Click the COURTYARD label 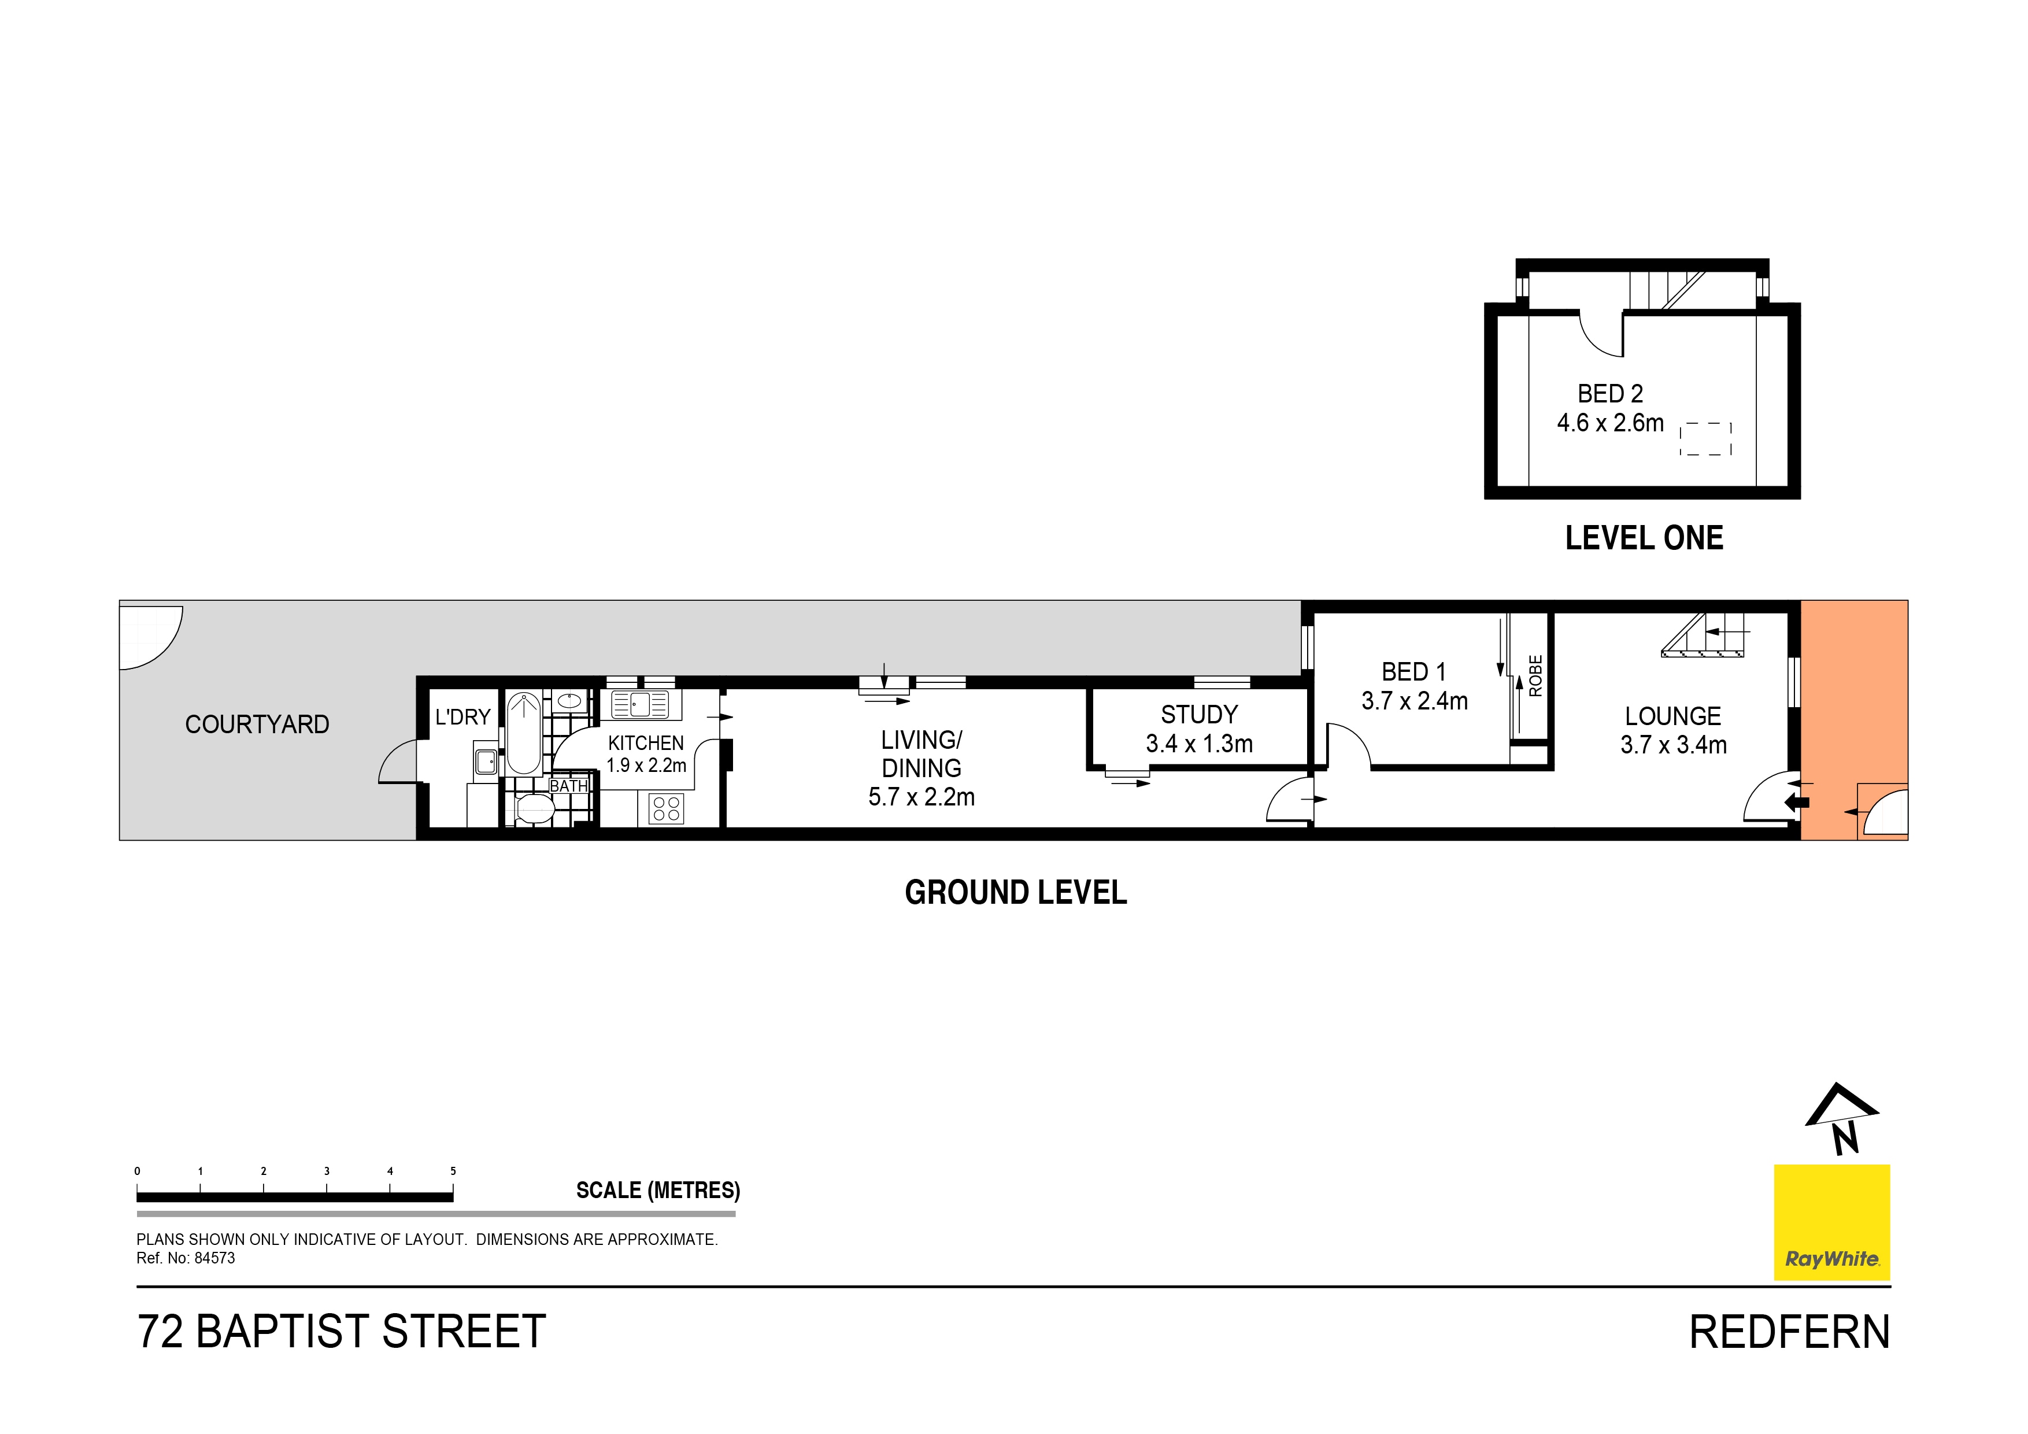tap(257, 725)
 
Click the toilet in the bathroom tap(534, 808)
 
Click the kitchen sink tap(641, 704)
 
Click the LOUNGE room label tap(1673, 716)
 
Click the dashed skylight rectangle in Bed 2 tap(1705, 438)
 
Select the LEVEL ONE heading tap(1644, 538)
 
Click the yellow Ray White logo tap(1832, 1222)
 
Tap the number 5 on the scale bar tap(453, 1171)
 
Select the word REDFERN tap(1789, 1332)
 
